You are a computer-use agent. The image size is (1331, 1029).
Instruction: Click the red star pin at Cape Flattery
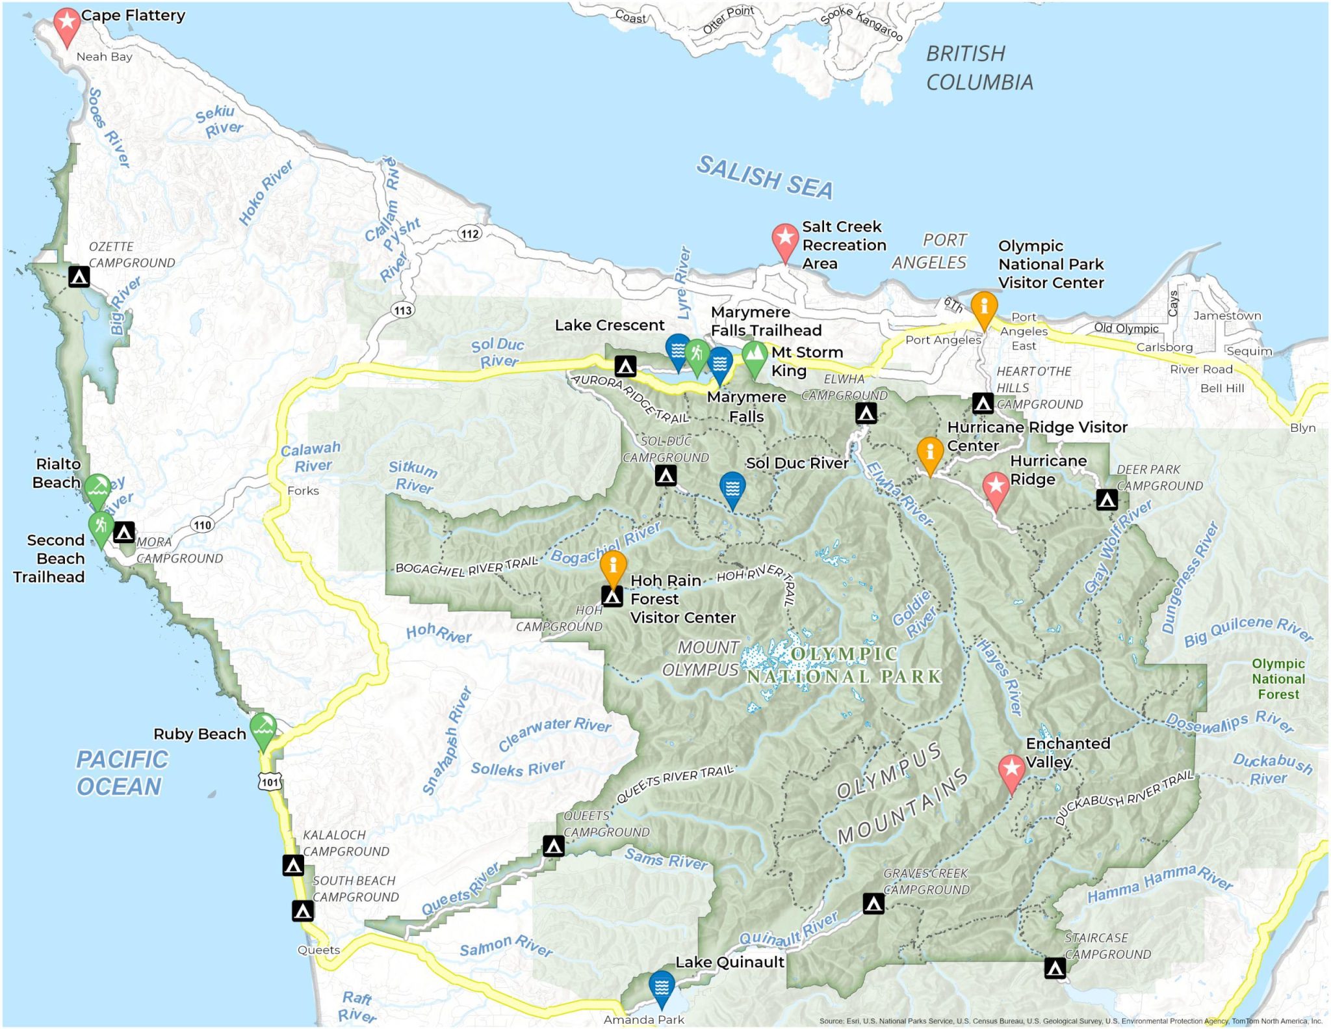(66, 23)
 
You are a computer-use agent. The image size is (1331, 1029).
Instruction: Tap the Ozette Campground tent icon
(79, 276)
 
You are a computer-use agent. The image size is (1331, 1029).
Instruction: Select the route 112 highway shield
(469, 234)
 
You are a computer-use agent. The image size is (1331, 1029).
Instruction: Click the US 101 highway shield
(270, 781)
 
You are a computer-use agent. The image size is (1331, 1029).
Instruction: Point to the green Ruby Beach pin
(263, 727)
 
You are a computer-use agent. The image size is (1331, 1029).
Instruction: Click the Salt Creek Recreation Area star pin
(784, 238)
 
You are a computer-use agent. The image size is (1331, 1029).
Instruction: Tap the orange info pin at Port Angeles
(984, 306)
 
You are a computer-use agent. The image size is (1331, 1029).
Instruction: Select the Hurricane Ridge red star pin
(995, 487)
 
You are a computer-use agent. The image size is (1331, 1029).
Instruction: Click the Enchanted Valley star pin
(1011, 769)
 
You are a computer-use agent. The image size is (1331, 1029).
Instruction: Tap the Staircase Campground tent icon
(1055, 968)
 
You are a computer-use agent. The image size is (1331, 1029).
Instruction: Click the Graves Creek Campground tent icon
(873, 903)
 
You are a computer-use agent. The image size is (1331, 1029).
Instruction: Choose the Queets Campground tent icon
(553, 846)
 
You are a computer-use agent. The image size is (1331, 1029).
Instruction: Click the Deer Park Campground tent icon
(1107, 500)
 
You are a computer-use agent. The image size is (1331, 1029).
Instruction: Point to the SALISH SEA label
(764, 178)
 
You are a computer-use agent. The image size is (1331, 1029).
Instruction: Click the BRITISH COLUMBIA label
(979, 68)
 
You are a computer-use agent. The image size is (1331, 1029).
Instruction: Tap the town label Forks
(303, 490)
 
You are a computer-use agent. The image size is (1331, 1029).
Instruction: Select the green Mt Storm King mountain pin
(754, 354)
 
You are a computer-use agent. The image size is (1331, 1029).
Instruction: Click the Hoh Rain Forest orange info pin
(613, 565)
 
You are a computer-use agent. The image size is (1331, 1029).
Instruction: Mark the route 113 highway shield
(403, 310)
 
